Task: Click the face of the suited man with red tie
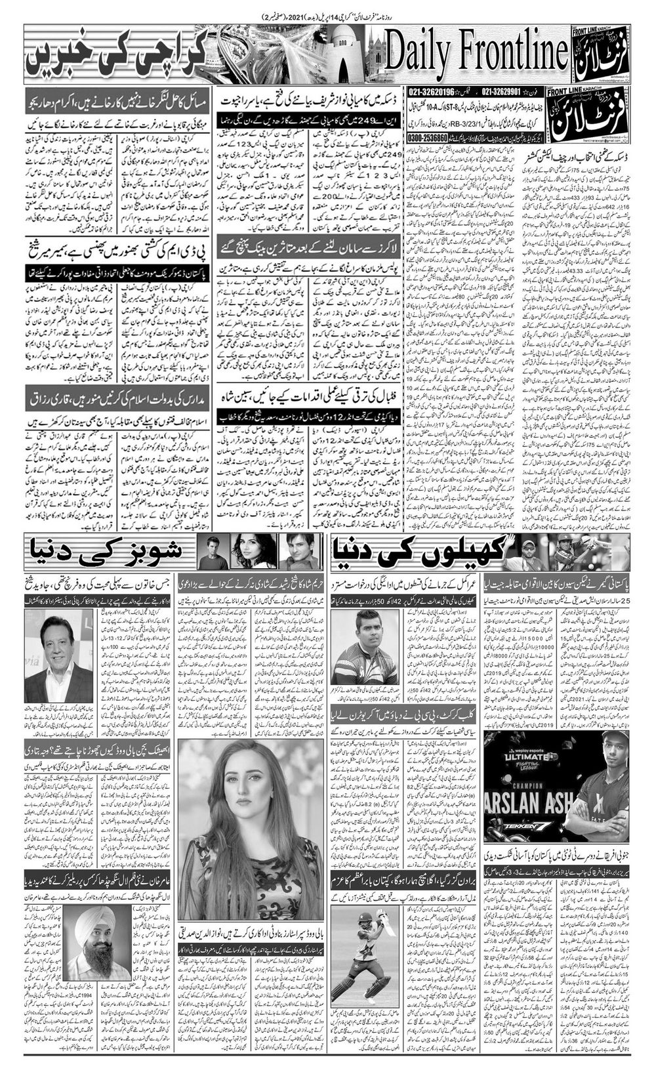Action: [x=54, y=642]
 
